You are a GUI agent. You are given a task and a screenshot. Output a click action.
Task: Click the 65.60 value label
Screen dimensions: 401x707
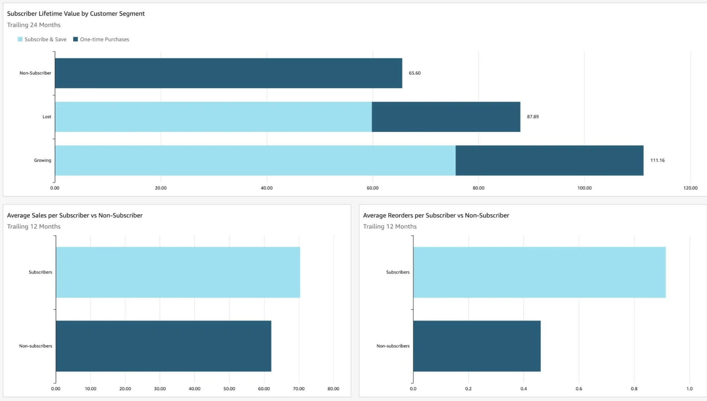[415, 73]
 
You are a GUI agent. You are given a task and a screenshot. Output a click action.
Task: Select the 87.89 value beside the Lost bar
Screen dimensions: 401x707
[533, 117]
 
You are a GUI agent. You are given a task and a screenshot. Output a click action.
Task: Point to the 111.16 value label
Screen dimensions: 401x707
[657, 160]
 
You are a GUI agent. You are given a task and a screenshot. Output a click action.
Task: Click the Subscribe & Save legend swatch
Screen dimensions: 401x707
[20, 39]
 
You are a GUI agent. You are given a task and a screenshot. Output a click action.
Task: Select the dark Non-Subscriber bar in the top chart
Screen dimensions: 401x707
[228, 73]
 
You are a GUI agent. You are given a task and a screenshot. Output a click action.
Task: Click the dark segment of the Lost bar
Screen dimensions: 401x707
[446, 117]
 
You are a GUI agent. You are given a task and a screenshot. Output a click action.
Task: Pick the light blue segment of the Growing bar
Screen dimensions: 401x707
[255, 160]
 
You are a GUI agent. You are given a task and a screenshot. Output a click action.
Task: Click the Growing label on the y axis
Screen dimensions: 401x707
[43, 160]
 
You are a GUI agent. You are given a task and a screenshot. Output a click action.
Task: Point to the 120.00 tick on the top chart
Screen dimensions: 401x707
[690, 188]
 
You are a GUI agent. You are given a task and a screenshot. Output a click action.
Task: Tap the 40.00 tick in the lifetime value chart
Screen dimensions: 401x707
[266, 188]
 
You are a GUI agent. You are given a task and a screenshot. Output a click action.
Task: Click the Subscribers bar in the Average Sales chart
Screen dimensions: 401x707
[178, 272]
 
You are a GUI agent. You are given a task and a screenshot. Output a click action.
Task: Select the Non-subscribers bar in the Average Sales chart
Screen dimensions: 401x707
[163, 346]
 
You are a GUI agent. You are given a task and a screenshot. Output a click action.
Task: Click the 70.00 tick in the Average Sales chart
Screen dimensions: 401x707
[299, 389]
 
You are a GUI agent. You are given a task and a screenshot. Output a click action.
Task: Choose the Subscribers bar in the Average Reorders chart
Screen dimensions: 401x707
[539, 272]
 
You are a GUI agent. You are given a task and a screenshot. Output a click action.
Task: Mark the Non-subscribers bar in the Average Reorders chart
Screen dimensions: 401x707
[477, 346]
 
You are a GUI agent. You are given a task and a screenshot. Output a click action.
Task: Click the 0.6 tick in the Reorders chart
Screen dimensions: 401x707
[579, 389]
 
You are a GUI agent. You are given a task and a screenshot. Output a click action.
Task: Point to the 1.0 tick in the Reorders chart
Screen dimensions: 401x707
[690, 389]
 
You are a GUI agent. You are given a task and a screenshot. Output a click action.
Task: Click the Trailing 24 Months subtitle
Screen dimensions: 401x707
[34, 25]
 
